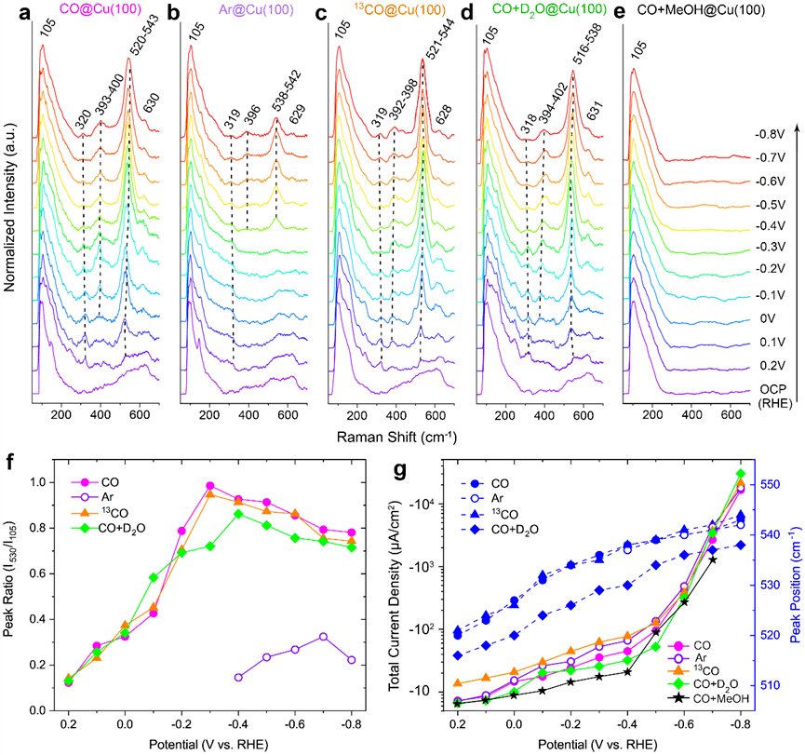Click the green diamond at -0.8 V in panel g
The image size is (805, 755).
pyautogui.click(x=741, y=474)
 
